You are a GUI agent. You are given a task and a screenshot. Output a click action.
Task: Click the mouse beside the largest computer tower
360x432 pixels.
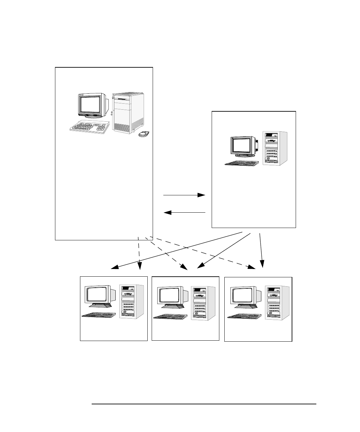pyautogui.click(x=144, y=134)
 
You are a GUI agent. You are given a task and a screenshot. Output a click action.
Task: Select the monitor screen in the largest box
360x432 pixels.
pyautogui.click(x=90, y=104)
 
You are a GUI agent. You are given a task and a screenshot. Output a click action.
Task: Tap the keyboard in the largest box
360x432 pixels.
pyautogui.click(x=89, y=127)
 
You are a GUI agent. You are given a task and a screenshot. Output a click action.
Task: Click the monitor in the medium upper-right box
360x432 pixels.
pyautogui.click(x=243, y=146)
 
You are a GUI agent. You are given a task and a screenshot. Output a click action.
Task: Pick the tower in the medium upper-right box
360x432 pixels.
pyautogui.click(x=275, y=149)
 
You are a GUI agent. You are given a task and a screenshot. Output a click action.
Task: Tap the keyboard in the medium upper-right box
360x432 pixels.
pyautogui.click(x=242, y=163)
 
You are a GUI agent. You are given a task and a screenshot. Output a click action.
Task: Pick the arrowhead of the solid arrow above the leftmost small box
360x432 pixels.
pyautogui.click(x=114, y=267)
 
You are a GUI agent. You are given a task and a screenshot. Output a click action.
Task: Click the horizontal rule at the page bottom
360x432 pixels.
pyautogui.click(x=204, y=404)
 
